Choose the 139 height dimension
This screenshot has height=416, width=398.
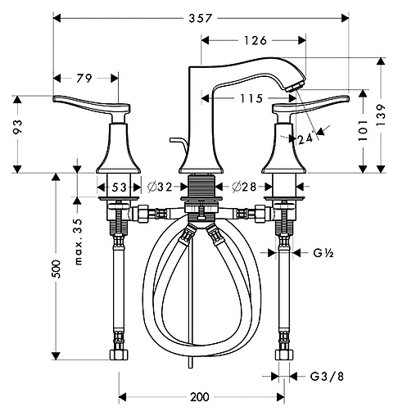(x=382, y=114)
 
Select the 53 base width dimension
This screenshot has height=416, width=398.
(x=120, y=188)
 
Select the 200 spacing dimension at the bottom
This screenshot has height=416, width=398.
(x=200, y=397)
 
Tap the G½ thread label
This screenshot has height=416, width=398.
(x=321, y=253)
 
